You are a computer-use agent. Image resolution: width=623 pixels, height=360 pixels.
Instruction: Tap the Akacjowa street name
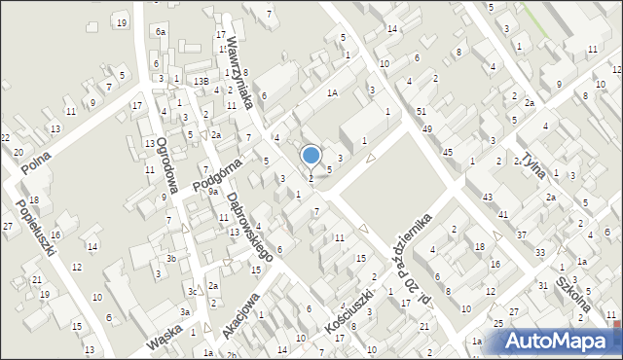click(x=238, y=315)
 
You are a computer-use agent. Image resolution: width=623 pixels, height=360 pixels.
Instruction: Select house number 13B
click(x=201, y=81)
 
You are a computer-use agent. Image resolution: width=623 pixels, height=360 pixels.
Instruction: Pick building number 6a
click(x=161, y=32)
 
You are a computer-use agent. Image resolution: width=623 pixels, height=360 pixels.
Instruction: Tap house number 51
click(x=421, y=113)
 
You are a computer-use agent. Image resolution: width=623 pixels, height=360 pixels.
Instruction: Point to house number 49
click(x=427, y=128)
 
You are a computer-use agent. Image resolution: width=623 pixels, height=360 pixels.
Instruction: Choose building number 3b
click(x=170, y=258)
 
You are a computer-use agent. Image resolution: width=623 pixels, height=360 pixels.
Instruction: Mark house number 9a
click(x=211, y=192)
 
